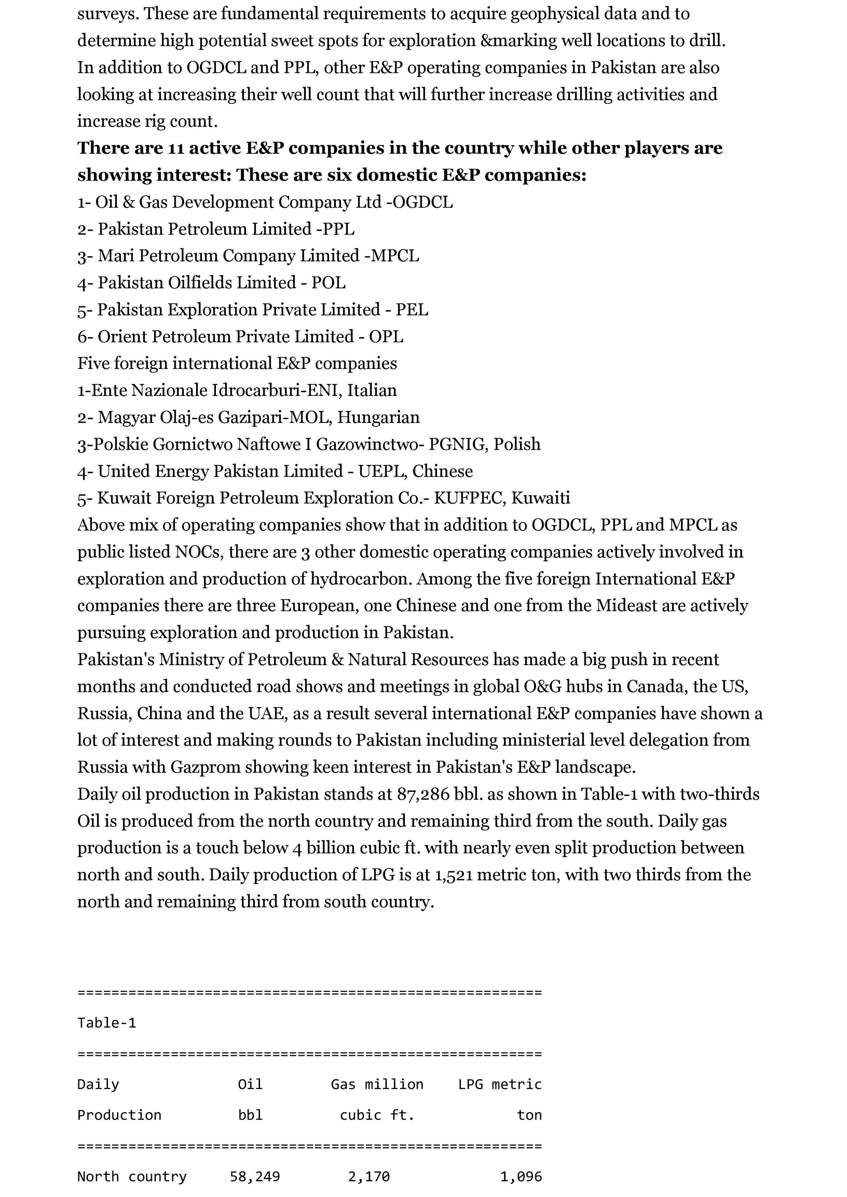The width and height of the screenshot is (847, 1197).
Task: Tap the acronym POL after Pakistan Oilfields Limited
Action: [329, 283]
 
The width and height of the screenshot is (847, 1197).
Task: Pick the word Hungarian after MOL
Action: [378, 417]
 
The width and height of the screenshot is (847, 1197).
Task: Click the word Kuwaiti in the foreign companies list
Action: [540, 498]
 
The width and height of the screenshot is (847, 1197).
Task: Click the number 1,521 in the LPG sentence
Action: [454, 875]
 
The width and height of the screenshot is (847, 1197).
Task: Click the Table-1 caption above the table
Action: [106, 1023]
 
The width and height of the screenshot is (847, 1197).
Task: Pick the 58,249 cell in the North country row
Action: [255, 1177]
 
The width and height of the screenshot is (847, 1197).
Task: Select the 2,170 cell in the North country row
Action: [369, 1177]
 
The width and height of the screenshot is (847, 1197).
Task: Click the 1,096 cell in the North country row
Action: [521, 1177]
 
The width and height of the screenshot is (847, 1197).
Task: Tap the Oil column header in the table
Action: [250, 1084]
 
